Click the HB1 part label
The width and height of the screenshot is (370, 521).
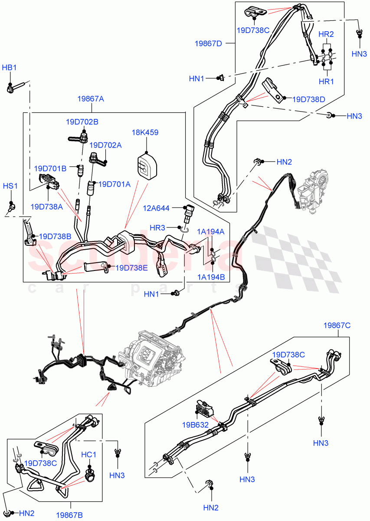coord(10,68)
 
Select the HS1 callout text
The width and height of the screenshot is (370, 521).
coord(10,185)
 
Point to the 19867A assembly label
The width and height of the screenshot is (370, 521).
coord(91,99)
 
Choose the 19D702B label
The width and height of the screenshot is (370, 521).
coord(82,122)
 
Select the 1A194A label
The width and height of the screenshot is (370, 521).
coord(210,231)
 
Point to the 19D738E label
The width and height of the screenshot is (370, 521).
coord(131,268)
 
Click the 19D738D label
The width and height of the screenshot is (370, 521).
coord(309,99)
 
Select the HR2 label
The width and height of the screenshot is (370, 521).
coord(326,34)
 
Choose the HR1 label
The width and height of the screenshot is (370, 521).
coord(326,81)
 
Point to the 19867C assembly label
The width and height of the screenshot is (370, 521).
coord(337,325)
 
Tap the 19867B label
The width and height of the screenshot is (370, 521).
coord(70,515)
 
